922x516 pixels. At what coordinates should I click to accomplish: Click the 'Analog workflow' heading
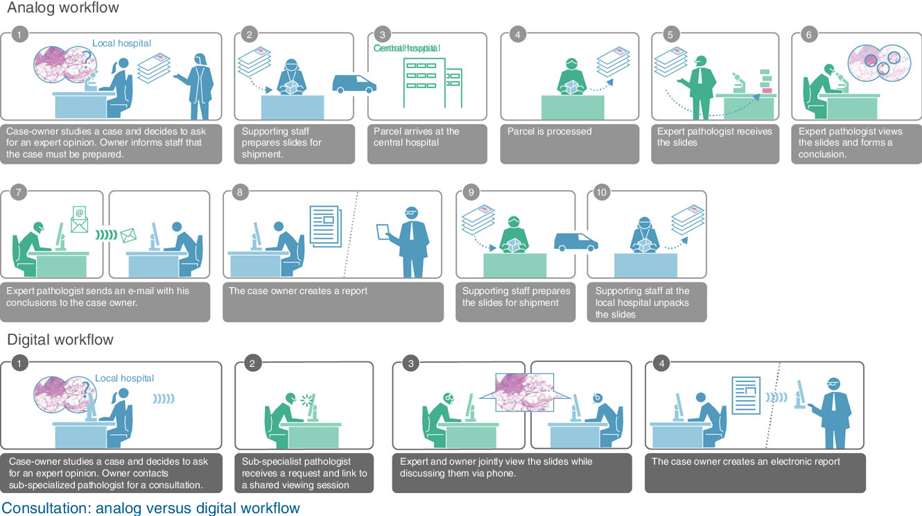click(x=63, y=8)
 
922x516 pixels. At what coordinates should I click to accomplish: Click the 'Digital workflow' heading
click(x=60, y=340)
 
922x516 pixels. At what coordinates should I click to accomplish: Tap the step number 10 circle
click(x=602, y=192)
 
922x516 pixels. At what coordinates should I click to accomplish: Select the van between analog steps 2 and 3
click(x=354, y=84)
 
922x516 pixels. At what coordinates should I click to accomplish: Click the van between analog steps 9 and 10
click(x=575, y=241)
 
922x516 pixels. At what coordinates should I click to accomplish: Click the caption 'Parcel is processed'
click(x=550, y=131)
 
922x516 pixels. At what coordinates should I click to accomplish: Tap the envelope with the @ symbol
click(x=80, y=218)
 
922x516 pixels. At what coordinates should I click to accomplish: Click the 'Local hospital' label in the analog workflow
click(x=121, y=43)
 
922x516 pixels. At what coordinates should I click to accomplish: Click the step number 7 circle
click(x=19, y=192)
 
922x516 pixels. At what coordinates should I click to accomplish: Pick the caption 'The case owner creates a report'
click(x=298, y=291)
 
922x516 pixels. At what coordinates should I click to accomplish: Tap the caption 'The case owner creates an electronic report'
click(x=745, y=461)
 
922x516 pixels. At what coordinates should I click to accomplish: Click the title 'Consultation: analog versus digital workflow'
click(x=151, y=508)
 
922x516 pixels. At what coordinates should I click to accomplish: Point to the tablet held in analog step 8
click(x=384, y=232)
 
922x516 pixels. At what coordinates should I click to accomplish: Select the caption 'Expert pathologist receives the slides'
click(x=714, y=137)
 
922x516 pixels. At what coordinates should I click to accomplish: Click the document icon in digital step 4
click(x=746, y=395)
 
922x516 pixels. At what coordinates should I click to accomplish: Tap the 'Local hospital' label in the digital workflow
click(x=124, y=378)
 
